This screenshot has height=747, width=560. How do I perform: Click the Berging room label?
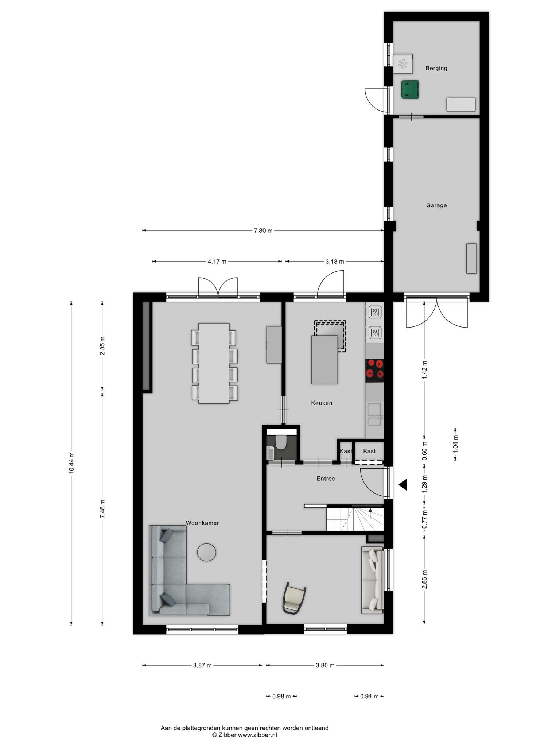tap(436, 68)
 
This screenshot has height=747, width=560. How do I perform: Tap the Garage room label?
tap(436, 205)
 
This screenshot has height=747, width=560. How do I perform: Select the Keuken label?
tap(322, 403)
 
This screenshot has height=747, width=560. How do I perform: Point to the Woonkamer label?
tap(202, 523)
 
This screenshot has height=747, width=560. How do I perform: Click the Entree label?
tap(326, 479)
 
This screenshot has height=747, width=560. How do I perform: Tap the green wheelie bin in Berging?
tap(410, 90)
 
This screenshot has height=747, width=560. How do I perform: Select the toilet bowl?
tap(281, 442)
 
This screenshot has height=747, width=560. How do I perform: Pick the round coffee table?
tap(206, 552)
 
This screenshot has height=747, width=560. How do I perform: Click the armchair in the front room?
tap(294, 598)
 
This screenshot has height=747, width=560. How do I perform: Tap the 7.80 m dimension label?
tap(263, 231)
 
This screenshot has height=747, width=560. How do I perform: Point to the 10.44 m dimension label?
tap(71, 463)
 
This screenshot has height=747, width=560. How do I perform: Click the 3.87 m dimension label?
tap(202, 665)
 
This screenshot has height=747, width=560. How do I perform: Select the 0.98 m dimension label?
tap(281, 696)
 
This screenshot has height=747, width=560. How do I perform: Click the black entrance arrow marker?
tap(402, 485)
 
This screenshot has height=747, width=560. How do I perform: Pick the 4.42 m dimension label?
tap(424, 370)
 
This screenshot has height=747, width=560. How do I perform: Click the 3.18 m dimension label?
tap(335, 262)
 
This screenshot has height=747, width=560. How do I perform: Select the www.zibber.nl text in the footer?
tap(257, 735)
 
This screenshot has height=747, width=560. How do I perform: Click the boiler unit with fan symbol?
tap(403, 64)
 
